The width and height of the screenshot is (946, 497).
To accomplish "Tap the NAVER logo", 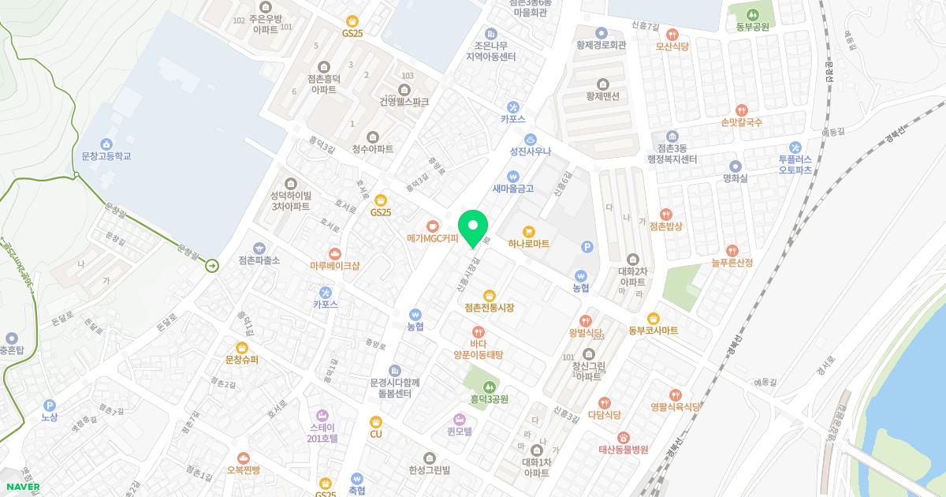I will [x=20, y=487].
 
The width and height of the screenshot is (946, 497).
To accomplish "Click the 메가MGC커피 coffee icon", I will [x=432, y=225].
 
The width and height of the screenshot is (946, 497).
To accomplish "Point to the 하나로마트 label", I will [x=529, y=245].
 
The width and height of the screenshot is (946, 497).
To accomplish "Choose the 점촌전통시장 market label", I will [x=489, y=307].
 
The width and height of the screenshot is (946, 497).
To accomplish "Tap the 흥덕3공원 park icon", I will [x=490, y=386].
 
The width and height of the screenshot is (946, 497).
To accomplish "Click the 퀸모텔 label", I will [x=459, y=432].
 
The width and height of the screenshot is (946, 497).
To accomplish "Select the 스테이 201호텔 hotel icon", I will [x=322, y=415].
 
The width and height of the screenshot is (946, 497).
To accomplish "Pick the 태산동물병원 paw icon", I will [x=623, y=437].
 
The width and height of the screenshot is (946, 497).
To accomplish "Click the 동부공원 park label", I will [x=753, y=26].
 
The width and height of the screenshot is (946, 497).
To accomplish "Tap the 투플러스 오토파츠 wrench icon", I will [x=795, y=147].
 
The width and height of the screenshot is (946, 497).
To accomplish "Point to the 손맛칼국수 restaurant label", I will [x=741, y=122].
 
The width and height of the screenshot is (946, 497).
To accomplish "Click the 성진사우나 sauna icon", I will [x=531, y=138].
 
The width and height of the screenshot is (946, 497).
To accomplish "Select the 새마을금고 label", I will [x=513, y=189].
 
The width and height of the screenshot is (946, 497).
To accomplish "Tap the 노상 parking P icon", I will [x=49, y=405].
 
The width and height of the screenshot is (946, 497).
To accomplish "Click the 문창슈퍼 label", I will [x=242, y=360].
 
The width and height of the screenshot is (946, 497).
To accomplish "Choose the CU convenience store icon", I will [x=376, y=422].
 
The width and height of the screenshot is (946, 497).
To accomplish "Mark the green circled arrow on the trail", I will [x=212, y=267].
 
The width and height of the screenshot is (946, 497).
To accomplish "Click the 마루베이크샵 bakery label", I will [x=335, y=266].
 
